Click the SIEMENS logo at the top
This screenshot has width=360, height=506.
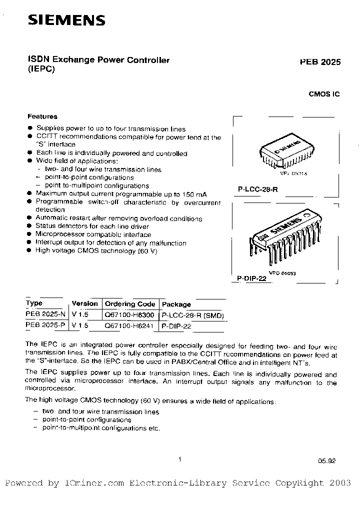[66, 19]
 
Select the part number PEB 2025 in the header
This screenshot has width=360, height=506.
[320, 62]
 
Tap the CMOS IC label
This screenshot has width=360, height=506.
[324, 93]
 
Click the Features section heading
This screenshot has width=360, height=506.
[42, 116]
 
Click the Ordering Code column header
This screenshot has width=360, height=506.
[130, 304]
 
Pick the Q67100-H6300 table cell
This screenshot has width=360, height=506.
[129, 315]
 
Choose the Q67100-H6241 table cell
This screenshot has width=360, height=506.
[129, 325]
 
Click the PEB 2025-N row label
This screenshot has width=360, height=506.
[45, 315]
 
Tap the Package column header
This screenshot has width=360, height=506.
[176, 304]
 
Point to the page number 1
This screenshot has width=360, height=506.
[179, 459]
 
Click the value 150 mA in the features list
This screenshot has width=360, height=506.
[195, 194]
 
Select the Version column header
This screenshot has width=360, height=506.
[84, 303]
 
